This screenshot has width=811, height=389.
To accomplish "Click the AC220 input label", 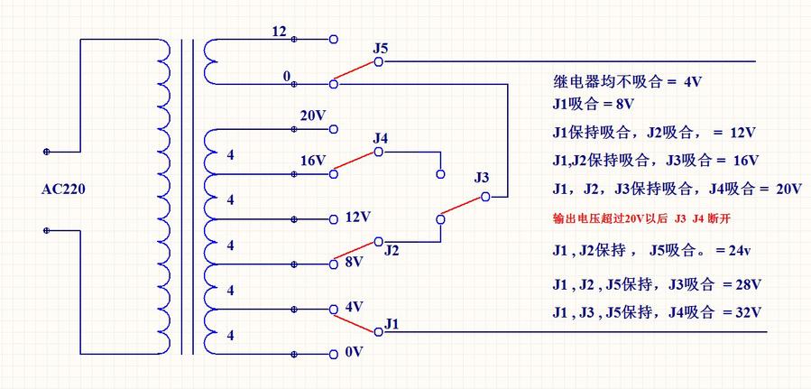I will pyautogui.click(x=62, y=190).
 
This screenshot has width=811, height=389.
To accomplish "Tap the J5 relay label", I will pyautogui.click(x=380, y=47).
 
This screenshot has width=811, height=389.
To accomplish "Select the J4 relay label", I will pyautogui.click(x=380, y=138).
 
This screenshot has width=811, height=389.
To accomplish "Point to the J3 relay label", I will pyautogui.click(x=482, y=177).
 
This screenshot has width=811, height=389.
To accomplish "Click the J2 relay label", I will pyautogui.click(x=391, y=250).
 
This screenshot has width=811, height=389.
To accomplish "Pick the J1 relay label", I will pyautogui.click(x=392, y=321).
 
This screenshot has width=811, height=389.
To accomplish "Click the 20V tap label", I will pyautogui.click(x=312, y=116).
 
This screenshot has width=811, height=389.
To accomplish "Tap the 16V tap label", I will pyautogui.click(x=312, y=161).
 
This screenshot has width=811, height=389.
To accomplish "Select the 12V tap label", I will pyautogui.click(x=358, y=218).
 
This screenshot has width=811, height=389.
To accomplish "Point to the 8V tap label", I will pyautogui.click(x=353, y=262).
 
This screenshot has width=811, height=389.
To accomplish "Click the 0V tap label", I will pyautogui.click(x=354, y=351).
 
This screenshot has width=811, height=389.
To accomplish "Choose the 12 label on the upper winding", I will pyautogui.click(x=279, y=32).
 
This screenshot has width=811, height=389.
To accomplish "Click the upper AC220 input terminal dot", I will pyautogui.click(x=46, y=152).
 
